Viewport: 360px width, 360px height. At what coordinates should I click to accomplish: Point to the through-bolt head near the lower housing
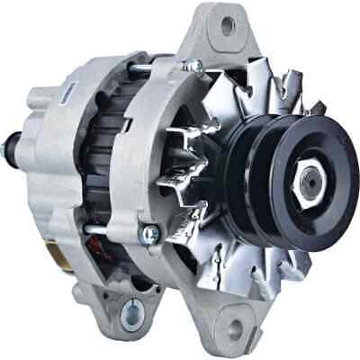tap(149, 235)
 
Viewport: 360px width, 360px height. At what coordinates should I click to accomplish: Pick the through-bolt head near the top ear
tap(192, 66)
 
